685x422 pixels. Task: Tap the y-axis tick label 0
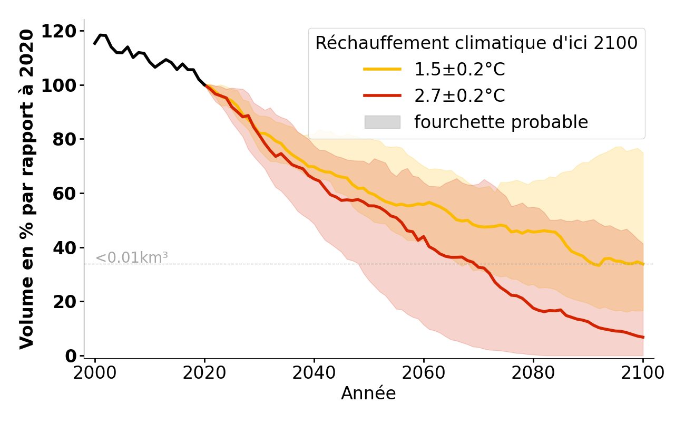[71, 356]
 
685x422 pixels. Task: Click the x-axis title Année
[368, 394]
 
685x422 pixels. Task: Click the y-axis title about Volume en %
[27, 189]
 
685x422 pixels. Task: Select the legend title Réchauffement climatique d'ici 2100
[476, 43]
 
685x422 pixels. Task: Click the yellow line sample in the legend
[382, 69]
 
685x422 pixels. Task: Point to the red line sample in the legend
[382, 95]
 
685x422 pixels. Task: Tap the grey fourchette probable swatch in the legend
[382, 122]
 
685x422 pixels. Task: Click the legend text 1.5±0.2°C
[459, 70]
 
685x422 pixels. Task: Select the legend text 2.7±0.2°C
[459, 96]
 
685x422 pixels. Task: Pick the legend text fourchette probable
[501, 122]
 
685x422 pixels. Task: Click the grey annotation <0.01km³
[132, 258]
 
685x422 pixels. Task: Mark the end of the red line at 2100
[643, 337]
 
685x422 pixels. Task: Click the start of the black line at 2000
[95, 43]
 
